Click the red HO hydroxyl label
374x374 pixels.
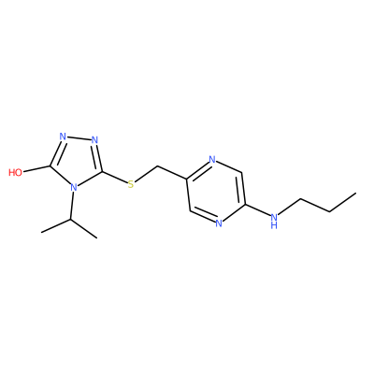(x=16, y=172)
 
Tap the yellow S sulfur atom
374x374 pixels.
(x=131, y=184)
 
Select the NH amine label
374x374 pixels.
(x=274, y=220)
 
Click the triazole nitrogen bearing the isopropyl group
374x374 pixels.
(x=74, y=187)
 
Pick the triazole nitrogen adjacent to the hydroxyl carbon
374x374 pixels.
(x=63, y=137)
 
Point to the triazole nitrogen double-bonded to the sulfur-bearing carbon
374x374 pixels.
(x=95, y=140)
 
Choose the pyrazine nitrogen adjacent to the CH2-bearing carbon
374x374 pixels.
(x=212, y=160)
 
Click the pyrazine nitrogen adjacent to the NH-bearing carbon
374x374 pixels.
(x=219, y=223)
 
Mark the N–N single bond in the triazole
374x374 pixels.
(x=79, y=138)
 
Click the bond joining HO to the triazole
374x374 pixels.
(x=36, y=168)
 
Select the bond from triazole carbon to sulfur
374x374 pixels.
(x=114, y=178)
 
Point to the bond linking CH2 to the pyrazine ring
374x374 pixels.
(x=172, y=173)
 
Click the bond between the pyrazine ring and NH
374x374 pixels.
(x=257, y=209)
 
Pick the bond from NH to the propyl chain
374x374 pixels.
(x=290, y=206)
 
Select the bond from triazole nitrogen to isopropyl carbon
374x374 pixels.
(x=72, y=206)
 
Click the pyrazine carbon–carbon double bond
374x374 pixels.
(x=242, y=188)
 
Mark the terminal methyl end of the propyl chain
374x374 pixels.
(x=355, y=194)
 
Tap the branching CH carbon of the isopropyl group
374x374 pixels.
(x=70, y=220)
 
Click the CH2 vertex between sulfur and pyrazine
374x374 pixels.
(x=158, y=166)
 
